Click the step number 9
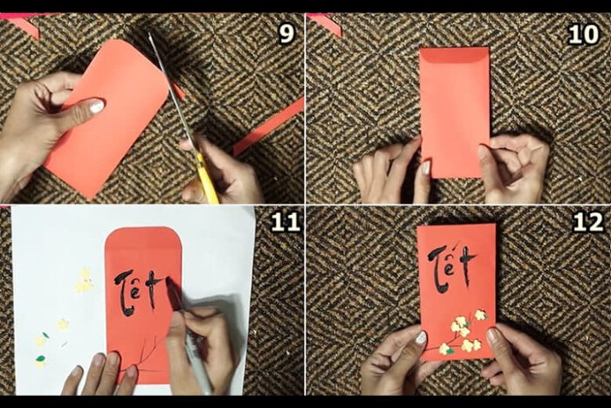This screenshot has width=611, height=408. click(x=286, y=34)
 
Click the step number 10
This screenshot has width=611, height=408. click(x=583, y=34)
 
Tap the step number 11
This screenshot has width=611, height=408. click(x=285, y=222)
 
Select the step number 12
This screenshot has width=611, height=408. click(x=588, y=222)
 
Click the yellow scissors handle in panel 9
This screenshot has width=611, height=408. click(x=208, y=178)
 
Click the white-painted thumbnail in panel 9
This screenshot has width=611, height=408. click(x=97, y=106)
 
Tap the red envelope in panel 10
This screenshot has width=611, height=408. click(x=455, y=113)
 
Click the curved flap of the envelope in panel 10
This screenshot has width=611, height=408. click(x=455, y=57)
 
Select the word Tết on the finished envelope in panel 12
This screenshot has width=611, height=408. click(x=452, y=266)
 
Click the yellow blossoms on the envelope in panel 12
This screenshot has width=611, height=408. click(x=464, y=332)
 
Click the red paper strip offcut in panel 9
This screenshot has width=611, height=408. click(x=268, y=127)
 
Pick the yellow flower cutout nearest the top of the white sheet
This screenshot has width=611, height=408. click(x=85, y=280)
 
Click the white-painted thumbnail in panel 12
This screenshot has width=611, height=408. click(x=422, y=337)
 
